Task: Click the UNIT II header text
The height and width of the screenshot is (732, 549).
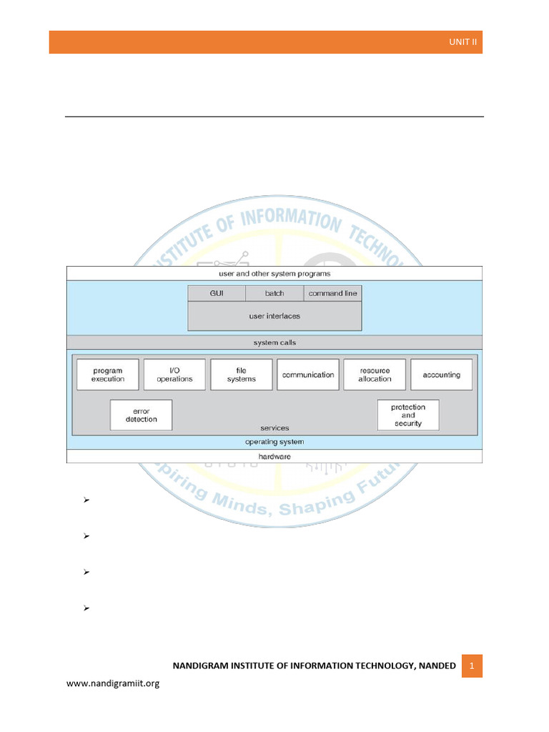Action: pos(463,42)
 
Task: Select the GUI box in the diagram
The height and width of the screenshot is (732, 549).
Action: pos(217,293)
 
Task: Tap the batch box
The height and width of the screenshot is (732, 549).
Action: pos(274,293)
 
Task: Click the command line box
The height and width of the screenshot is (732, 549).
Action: pos(333,293)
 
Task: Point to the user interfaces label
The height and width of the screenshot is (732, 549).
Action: pos(274,316)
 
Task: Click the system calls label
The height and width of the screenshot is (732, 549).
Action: pos(274,342)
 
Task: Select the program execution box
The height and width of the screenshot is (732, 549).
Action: pos(108,375)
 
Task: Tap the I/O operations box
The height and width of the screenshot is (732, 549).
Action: pos(174,375)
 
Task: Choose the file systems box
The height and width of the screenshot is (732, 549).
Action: pos(242,375)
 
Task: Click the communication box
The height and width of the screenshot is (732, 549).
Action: pos(308,375)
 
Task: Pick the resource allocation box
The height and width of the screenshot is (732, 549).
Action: pos(375,375)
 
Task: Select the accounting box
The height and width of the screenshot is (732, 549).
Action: pos(442,375)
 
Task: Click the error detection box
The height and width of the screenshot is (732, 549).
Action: pos(141,415)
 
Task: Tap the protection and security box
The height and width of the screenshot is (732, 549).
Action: pos(408,415)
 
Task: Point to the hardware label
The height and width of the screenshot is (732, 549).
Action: pos(274,457)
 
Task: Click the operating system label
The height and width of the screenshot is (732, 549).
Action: pos(274,442)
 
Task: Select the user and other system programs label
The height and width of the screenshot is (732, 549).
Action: pos(274,274)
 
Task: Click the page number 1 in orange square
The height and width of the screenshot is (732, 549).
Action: pos(472,666)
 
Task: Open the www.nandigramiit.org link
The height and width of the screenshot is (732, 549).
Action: pos(113,683)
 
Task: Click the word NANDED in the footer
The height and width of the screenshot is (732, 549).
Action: pos(437,666)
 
